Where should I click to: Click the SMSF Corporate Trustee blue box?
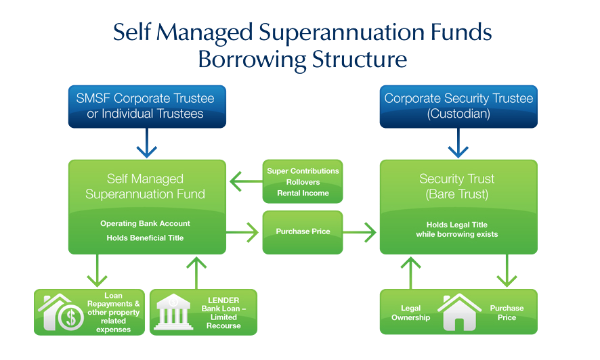[x=146, y=106]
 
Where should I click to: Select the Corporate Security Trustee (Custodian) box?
[x=458, y=106]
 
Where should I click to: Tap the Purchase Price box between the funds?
[x=303, y=232]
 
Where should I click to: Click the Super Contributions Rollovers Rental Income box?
[x=303, y=182]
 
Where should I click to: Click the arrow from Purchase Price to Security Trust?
[x=361, y=233]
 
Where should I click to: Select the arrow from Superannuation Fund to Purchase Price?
[x=244, y=233]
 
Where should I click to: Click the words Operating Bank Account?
[x=145, y=223]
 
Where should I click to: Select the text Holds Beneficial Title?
[x=145, y=238]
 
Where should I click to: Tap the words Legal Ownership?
[x=410, y=313]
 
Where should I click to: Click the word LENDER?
[x=223, y=300]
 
